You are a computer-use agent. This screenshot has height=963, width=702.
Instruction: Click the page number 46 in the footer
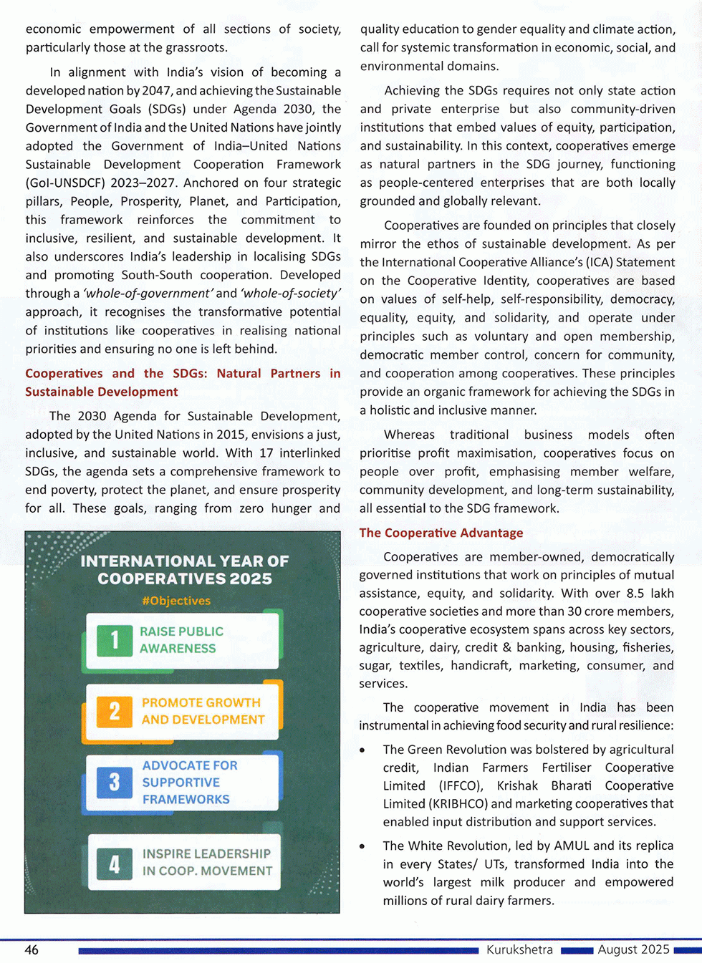(32, 950)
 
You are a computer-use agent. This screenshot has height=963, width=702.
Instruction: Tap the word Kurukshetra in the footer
(519, 950)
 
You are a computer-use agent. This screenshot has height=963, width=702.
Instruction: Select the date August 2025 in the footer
(633, 950)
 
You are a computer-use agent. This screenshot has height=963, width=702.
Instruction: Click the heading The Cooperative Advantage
(441, 533)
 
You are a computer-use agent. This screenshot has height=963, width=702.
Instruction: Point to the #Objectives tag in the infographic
(176, 601)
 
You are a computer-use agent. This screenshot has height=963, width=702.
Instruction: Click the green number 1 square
(115, 639)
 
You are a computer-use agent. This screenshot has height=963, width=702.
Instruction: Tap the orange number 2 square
(115, 711)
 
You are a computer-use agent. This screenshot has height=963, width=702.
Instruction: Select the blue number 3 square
(115, 782)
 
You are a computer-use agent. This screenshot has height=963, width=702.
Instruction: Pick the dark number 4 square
(115, 863)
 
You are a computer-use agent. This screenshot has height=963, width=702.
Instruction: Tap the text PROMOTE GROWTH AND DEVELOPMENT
(203, 711)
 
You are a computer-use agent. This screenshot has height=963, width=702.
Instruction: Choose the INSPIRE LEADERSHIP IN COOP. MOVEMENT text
(207, 863)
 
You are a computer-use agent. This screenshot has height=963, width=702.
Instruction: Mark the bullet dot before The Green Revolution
(363, 750)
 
